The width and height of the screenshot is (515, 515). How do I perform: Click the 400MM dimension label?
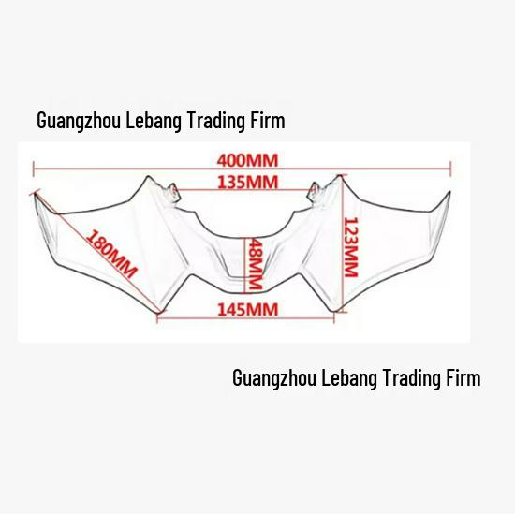coord(247,161)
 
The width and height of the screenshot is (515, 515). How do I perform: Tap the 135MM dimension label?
coord(247,183)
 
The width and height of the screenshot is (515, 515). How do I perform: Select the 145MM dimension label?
coord(247,309)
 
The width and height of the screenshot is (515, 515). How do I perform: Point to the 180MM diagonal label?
coord(111,254)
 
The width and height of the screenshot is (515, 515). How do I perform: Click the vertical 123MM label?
coord(350,247)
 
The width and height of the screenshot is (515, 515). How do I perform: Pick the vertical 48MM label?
coord(256,264)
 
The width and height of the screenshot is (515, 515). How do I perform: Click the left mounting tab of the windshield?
coord(173,191)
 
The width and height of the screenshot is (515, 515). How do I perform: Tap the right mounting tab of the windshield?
coord(315,192)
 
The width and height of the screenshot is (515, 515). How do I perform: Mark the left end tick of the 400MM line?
coord(34,169)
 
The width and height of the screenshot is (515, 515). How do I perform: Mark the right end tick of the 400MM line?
coord(451,169)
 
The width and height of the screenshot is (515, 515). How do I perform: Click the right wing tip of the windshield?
coord(449,193)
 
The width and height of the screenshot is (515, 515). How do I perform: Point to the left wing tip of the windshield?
coord(36,194)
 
